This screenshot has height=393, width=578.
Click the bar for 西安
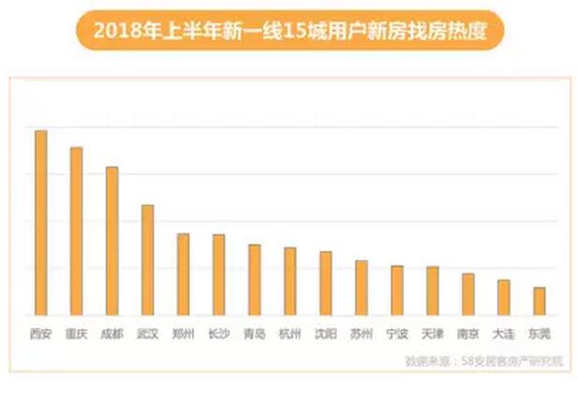[41, 222]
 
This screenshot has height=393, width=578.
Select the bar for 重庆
[77, 231]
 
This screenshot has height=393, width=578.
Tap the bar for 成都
[112, 240]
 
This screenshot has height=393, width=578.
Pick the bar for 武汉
[147, 260]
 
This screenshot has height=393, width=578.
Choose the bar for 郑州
[183, 274]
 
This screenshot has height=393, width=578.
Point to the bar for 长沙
[218, 274]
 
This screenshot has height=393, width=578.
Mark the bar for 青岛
[254, 280]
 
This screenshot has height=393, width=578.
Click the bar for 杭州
[289, 280]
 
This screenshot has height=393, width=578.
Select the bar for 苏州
[361, 287]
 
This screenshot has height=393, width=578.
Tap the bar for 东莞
[539, 300]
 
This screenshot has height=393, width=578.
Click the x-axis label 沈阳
[325, 333]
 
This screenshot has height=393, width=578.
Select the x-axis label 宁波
[396, 333]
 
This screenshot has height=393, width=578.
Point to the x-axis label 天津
[432, 333]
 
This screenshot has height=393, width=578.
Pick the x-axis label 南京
[467, 333]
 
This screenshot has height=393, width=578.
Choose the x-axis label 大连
[503, 333]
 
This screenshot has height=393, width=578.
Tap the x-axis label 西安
[40, 333]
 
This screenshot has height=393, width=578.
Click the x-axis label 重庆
[76, 333]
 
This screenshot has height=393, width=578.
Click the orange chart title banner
[288, 33]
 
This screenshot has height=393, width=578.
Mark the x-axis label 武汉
[147, 333]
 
